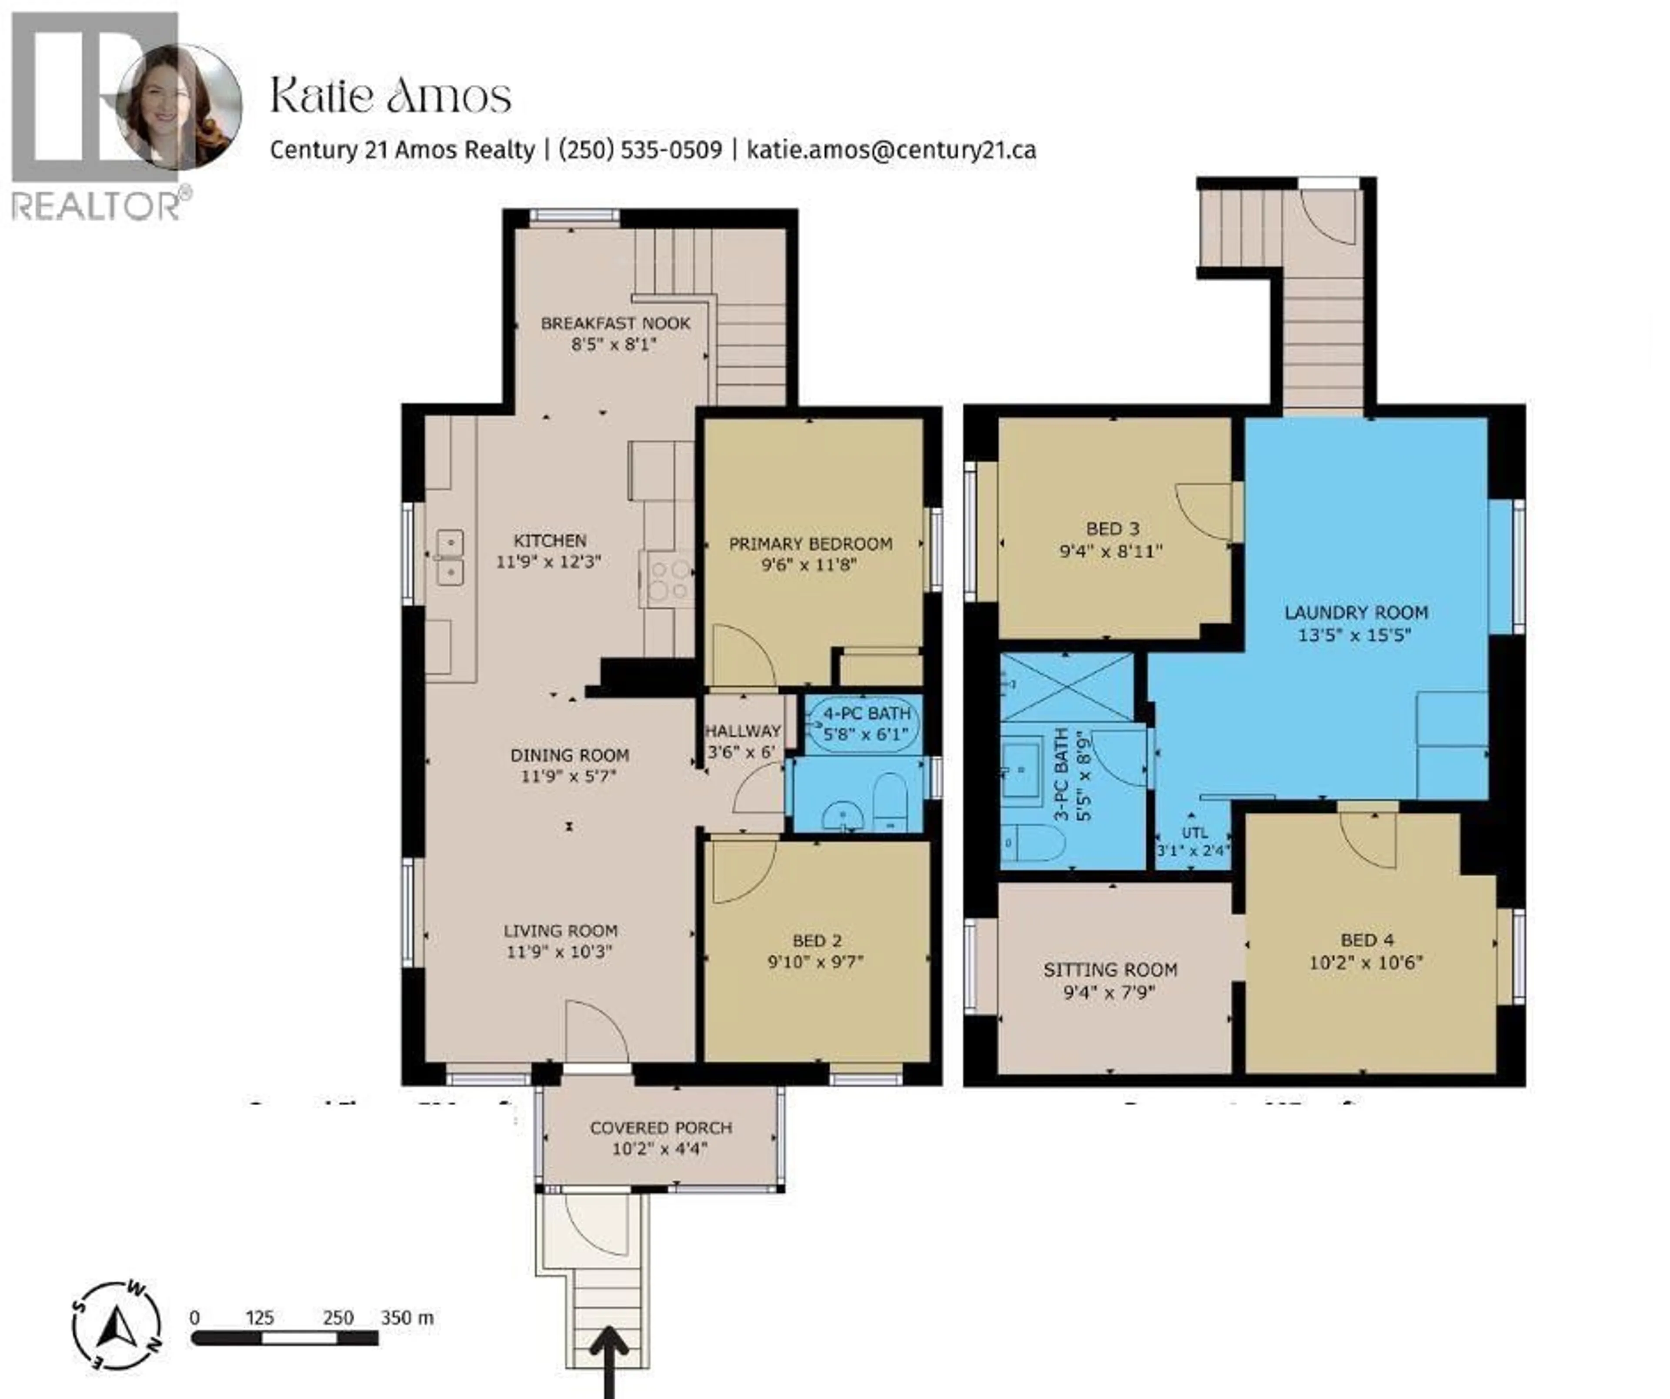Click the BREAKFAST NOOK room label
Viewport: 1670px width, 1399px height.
tap(615, 323)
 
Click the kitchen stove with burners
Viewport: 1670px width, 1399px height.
tap(669, 580)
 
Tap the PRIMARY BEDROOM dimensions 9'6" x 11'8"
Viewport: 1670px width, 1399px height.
tap(809, 565)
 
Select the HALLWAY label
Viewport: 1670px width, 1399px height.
tap(743, 731)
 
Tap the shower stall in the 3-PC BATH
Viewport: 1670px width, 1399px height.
tap(1066, 687)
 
